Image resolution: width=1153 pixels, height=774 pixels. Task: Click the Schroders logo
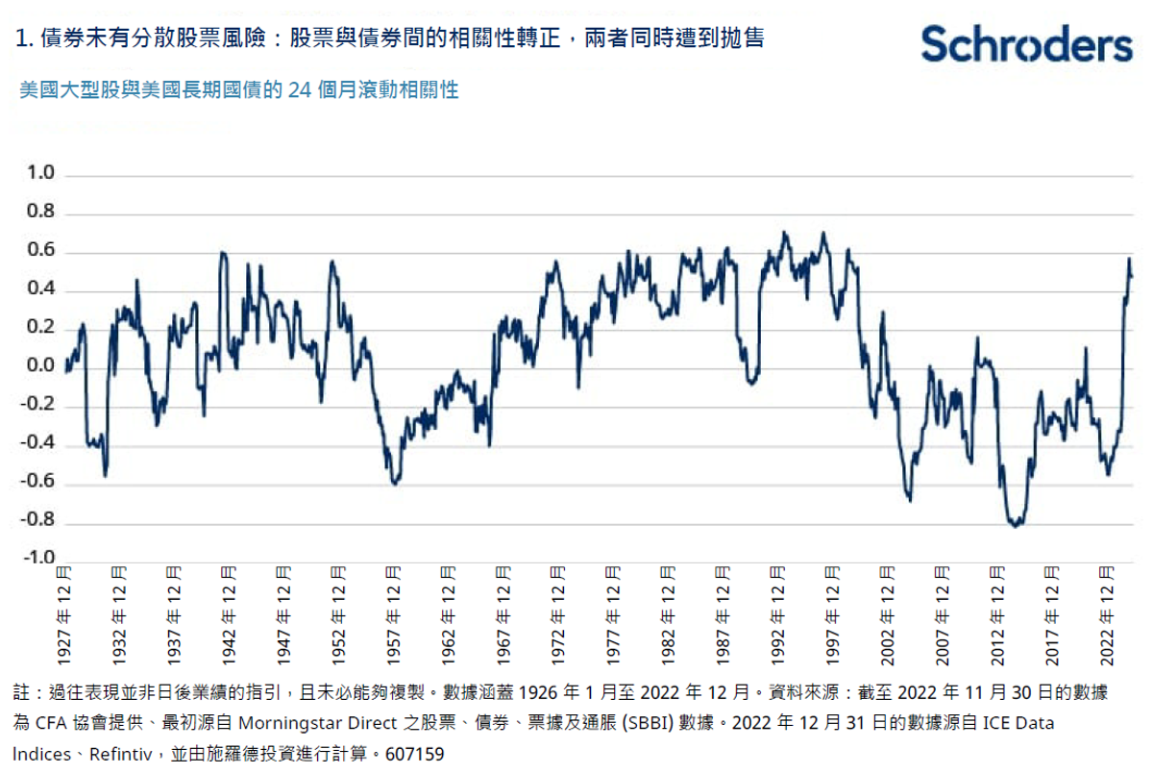[1026, 43]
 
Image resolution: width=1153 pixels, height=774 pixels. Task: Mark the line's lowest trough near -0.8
[1016, 525]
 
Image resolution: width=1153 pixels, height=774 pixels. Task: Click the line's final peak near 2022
[1129, 259]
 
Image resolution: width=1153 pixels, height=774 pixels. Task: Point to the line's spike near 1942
[223, 253]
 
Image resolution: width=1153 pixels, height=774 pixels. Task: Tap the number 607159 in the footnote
[414, 754]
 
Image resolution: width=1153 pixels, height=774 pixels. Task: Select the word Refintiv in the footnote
[115, 754]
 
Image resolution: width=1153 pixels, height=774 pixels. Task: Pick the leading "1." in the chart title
[24, 39]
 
